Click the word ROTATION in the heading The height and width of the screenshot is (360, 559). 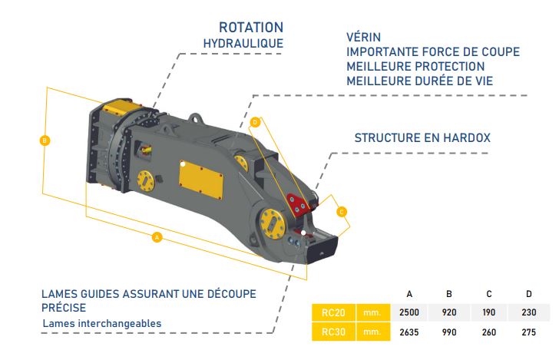pos(251,28)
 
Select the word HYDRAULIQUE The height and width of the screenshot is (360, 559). pos(243,44)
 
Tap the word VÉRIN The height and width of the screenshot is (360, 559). pos(364,37)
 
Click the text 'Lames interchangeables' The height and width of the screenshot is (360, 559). pos(102,323)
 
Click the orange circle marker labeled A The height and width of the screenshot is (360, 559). pos(157,237)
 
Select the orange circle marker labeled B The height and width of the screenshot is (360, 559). pos(45,140)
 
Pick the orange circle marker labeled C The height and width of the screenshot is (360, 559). pos(342,212)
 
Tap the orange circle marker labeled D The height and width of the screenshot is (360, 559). pos(255,122)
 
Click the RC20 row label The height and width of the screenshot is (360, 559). pos(333,312)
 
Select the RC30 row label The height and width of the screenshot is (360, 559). pos(333,332)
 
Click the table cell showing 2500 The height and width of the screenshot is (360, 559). pos(409,312)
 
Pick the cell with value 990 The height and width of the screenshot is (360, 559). pos(449,332)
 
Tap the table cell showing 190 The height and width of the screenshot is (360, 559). pos(489,312)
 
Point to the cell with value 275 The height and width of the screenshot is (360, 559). pos(529,332)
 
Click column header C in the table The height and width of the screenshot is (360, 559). pos(489,294)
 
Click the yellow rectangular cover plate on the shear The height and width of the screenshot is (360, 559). pos(200,180)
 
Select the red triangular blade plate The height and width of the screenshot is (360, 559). pos(298,205)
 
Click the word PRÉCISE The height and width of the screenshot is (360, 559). pos(64,308)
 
